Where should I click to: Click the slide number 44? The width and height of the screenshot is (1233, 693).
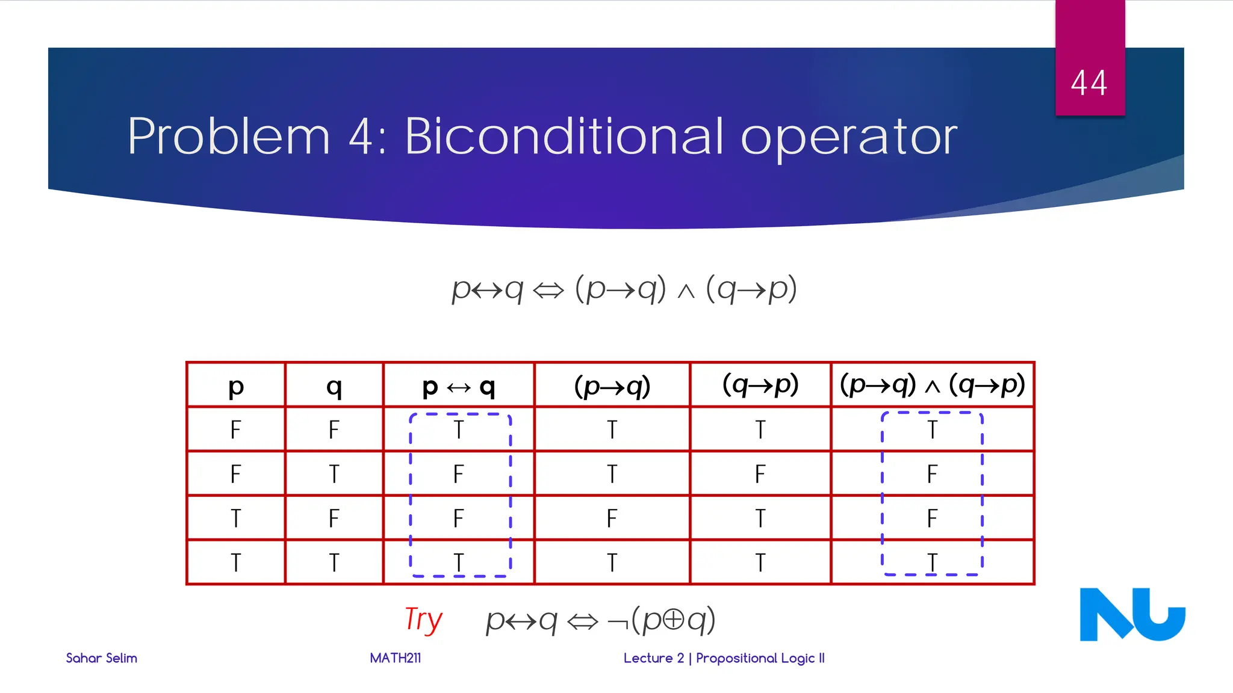pyautogui.click(x=1089, y=83)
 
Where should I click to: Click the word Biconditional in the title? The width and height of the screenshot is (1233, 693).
pyautogui.click(x=564, y=137)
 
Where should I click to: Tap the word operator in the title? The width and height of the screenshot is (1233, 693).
pyautogui.click(x=849, y=138)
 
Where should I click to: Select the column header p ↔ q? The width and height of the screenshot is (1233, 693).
pyautogui.click(x=458, y=387)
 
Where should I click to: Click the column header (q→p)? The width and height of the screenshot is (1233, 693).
pyautogui.click(x=760, y=385)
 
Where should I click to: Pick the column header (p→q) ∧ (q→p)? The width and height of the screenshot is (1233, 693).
pyautogui.click(x=932, y=385)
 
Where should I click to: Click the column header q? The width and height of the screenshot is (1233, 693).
pyautogui.click(x=334, y=387)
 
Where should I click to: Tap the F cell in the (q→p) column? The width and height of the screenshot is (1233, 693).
pyautogui.click(x=760, y=474)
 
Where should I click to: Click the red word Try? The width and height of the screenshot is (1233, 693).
pyautogui.click(x=423, y=620)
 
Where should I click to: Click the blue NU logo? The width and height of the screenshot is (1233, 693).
pyautogui.click(x=1132, y=615)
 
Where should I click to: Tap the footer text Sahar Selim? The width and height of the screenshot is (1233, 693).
pyautogui.click(x=101, y=658)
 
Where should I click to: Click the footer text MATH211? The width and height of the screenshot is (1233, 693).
pyautogui.click(x=395, y=658)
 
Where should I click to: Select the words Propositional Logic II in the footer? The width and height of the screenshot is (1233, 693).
pyautogui.click(x=760, y=658)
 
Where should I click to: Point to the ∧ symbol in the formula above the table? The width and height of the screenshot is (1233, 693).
pyautogui.click(x=686, y=292)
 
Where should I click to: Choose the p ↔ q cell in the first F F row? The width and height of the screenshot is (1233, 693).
pyautogui.click(x=458, y=430)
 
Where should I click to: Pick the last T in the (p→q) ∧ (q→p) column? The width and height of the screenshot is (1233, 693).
pyautogui.click(x=932, y=562)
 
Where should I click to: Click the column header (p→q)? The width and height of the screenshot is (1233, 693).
pyautogui.click(x=612, y=386)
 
